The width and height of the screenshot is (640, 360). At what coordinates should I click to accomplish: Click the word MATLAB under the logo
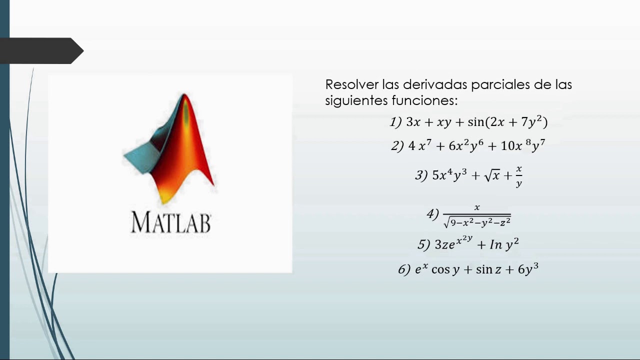[x=171, y=222]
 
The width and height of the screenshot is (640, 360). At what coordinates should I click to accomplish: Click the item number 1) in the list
[x=395, y=122]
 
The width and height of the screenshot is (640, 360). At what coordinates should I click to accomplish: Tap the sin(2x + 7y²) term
[x=507, y=122]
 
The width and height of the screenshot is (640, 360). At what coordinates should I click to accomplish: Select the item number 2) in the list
[x=397, y=146]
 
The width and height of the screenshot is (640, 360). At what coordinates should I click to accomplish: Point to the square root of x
[x=492, y=175]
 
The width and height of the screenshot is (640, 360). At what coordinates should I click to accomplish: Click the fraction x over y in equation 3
[x=519, y=176]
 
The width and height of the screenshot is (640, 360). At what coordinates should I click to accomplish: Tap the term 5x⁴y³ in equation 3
[x=449, y=175]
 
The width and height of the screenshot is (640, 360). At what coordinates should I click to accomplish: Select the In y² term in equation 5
[x=504, y=244]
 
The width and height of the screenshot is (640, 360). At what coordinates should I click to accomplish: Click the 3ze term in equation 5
[x=445, y=244]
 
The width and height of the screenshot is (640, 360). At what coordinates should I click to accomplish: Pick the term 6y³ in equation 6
[x=528, y=270]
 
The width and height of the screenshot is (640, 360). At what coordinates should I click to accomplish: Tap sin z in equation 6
[x=488, y=270]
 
